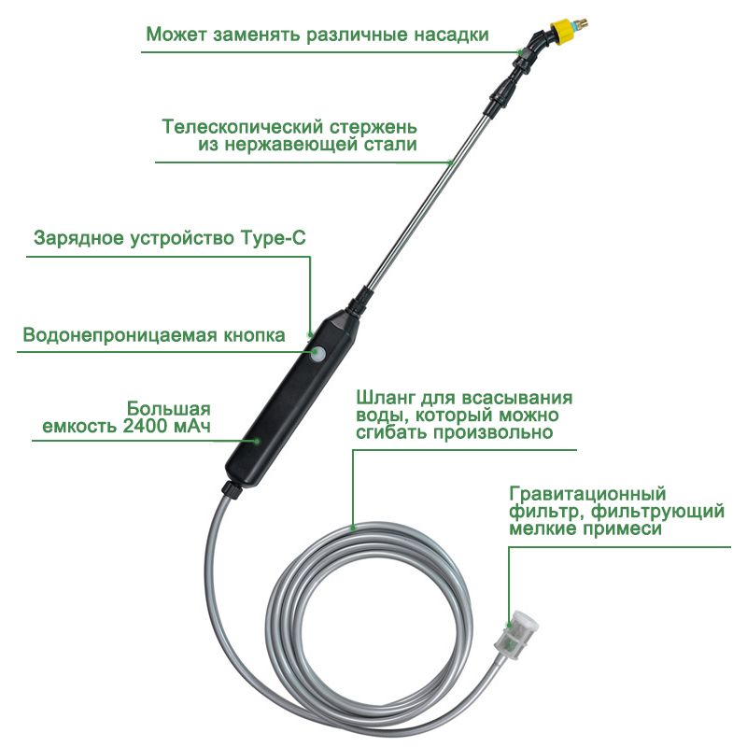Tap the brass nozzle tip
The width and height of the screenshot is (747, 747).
click(580, 22)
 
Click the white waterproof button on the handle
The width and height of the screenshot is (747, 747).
click(317, 354)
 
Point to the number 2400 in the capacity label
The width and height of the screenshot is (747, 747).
click(146, 426)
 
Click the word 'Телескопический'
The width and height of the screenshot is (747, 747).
click(242, 127)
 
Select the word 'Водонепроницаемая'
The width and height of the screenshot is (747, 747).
click(120, 335)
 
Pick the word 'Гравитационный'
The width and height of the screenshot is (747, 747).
click(587, 494)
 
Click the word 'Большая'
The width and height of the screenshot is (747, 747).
click(169, 408)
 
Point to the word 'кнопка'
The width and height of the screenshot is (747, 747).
click(254, 335)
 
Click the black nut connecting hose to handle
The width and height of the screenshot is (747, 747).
click(232, 490)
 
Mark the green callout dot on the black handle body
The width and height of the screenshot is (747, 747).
click(257, 441)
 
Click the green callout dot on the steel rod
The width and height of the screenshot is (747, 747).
click(451, 162)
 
